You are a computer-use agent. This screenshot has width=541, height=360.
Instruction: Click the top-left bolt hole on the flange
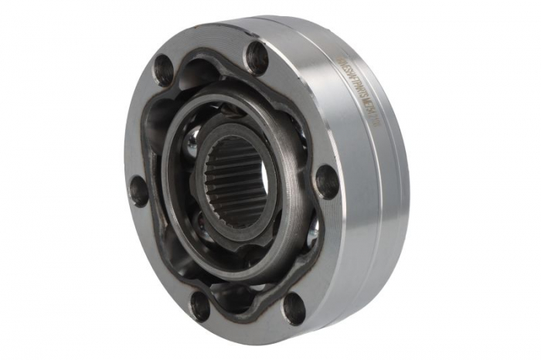click(163, 70)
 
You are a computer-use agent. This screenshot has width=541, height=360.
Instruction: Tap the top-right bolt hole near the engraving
click(256, 58)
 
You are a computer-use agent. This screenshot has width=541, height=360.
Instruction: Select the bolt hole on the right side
click(327, 182)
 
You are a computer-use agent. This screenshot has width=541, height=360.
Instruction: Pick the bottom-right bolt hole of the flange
click(294, 308)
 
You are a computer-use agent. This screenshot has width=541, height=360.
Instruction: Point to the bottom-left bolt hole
click(199, 307)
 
